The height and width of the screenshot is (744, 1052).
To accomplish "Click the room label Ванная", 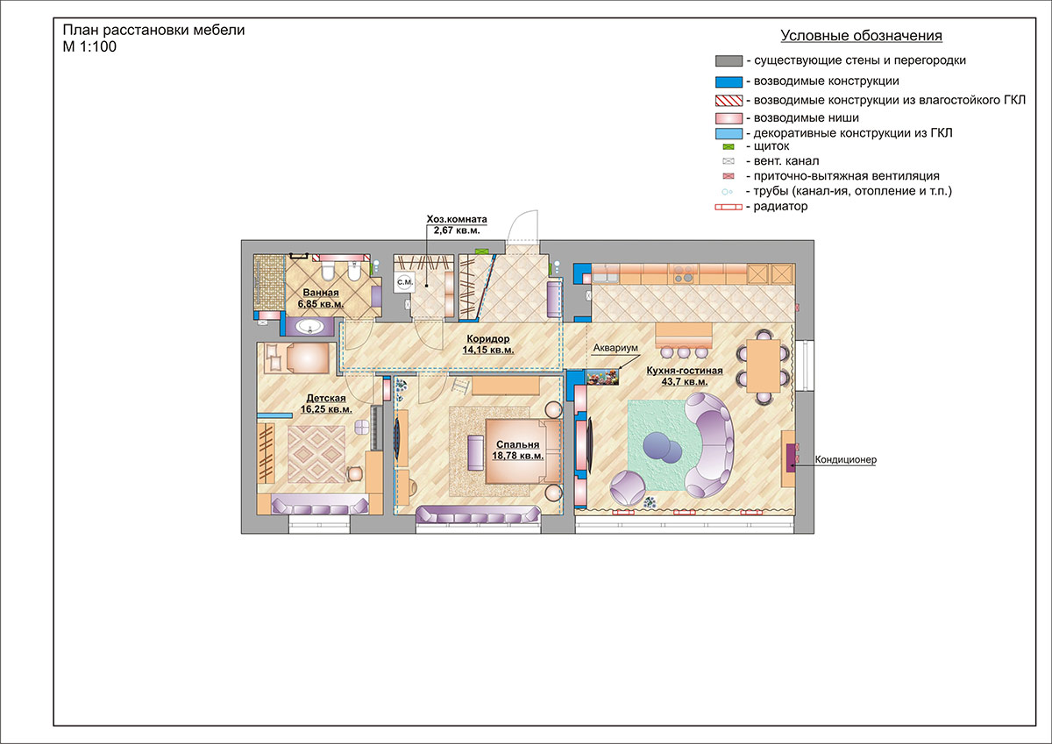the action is click(x=321, y=293).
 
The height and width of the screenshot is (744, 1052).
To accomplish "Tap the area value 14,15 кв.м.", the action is click(x=488, y=350).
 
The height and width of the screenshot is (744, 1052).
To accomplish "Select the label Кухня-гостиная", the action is click(x=685, y=371).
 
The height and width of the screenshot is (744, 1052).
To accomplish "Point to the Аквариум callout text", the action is click(x=615, y=348).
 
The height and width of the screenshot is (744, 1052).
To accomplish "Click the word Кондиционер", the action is click(x=845, y=459).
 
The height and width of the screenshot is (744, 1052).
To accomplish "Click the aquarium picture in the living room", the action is click(x=602, y=377).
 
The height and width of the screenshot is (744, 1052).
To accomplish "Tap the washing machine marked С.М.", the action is click(x=405, y=282).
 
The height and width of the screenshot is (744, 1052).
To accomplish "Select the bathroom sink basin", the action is click(x=310, y=326).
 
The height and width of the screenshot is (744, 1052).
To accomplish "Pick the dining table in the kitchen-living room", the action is click(x=764, y=365).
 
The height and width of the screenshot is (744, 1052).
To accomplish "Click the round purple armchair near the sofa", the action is click(x=628, y=488).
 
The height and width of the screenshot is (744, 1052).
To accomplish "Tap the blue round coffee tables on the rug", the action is click(x=662, y=447).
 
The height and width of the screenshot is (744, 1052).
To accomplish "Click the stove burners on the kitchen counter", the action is click(x=683, y=273).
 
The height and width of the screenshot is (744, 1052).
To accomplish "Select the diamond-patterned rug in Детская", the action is click(x=316, y=455).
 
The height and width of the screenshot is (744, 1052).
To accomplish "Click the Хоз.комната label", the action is click(x=457, y=219).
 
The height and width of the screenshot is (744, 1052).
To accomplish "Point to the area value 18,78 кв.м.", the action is click(x=517, y=456).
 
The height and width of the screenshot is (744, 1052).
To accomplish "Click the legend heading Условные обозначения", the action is click(x=861, y=36).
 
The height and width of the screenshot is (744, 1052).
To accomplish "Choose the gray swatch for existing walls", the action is click(x=729, y=61).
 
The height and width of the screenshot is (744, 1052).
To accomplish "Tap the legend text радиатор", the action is click(x=780, y=206).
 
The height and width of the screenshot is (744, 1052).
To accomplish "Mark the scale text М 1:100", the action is click(x=89, y=46).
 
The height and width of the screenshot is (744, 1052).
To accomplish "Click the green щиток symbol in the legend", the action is click(x=728, y=147).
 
